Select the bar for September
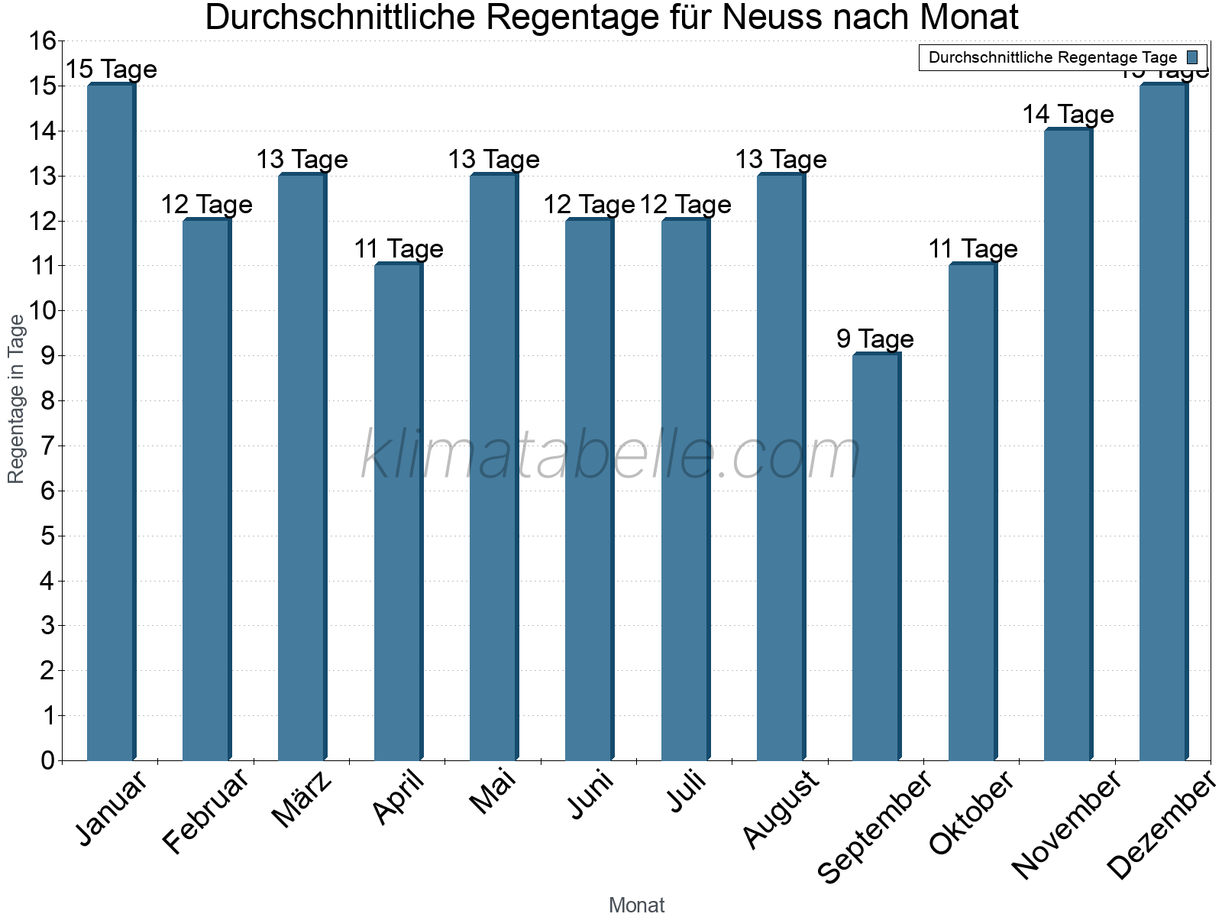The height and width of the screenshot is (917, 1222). tap(876, 558)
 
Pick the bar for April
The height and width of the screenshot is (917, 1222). tap(398, 512)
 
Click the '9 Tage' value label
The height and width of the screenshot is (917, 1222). tap(875, 339)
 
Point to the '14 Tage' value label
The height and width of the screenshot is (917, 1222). tap(1068, 115)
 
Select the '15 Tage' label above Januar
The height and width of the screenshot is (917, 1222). tap(111, 70)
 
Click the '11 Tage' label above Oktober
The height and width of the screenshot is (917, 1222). tap(972, 249)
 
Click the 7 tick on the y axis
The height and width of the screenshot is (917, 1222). tap(48, 446)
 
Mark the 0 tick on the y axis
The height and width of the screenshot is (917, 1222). tap(48, 761)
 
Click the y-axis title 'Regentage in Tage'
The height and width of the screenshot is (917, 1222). tap(16, 399)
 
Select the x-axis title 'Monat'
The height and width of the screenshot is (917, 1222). tap(636, 906)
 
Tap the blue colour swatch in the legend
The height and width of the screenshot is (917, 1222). tap(1192, 57)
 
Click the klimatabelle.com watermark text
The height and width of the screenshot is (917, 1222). tap(610, 455)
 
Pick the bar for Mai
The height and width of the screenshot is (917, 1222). tap(494, 468)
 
